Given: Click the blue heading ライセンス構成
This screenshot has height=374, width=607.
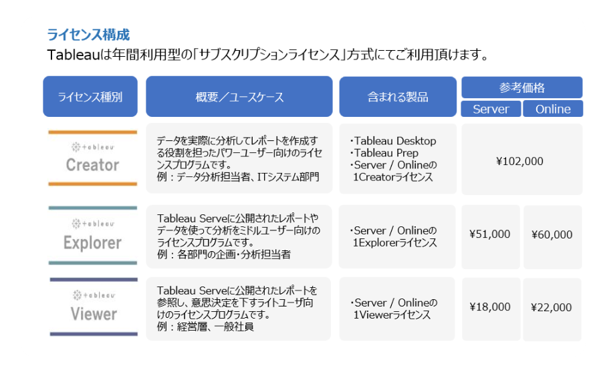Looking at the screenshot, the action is pos(88,35).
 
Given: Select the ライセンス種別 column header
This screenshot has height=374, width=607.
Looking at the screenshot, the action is pos(90,96).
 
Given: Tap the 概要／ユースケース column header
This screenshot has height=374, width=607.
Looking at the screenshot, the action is pos(239,96).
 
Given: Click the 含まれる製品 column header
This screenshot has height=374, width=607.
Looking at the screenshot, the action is pos(398,96).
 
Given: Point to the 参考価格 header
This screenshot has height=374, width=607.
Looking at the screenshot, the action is pos(522,87).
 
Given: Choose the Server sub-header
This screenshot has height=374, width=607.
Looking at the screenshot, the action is pos(491,109).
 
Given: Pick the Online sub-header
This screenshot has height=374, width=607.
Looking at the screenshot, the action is pos(553,109).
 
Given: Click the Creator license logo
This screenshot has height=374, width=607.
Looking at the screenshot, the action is pos(92,158).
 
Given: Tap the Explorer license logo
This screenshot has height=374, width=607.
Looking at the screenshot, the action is pos(92,235).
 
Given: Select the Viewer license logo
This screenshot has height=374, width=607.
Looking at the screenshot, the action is pos(94,307).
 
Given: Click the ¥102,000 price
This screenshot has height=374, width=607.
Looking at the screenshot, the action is pos(519,161).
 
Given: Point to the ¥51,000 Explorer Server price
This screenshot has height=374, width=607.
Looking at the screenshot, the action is pos(490,234).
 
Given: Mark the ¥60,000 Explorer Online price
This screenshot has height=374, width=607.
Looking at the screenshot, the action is pos(552,234).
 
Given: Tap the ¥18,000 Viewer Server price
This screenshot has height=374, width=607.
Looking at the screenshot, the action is pos(490,307).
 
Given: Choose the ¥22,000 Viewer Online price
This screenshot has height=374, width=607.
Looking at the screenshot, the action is pos(552,307).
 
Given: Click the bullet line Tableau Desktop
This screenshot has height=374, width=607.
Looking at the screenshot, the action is pos(393,141).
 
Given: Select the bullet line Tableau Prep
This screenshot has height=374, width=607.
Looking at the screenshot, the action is pos(384,153).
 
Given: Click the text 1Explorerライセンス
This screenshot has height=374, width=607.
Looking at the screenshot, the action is pos(395,242).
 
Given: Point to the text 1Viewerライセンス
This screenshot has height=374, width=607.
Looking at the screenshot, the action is pos(392,315).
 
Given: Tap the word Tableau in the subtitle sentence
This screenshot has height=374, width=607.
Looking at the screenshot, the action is pos(74,55).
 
